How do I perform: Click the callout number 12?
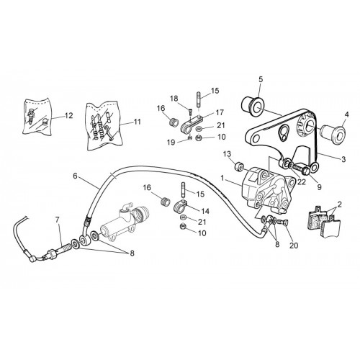pos(68,116)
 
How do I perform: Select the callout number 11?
pos(137,122)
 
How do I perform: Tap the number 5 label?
pos(261,78)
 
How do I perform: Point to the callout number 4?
pos(346,114)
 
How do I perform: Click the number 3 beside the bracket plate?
pos(343,159)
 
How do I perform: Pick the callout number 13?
pos(228,153)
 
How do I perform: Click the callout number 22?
pos(302,182)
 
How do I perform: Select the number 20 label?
pos(294,246)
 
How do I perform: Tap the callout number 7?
pos(57,220)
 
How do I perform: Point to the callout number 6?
pos(75,176)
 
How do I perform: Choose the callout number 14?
pos(205,211)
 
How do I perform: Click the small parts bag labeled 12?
pos(37,116)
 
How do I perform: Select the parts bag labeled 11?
pos(104,126)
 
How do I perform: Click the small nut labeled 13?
pos(239,166)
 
